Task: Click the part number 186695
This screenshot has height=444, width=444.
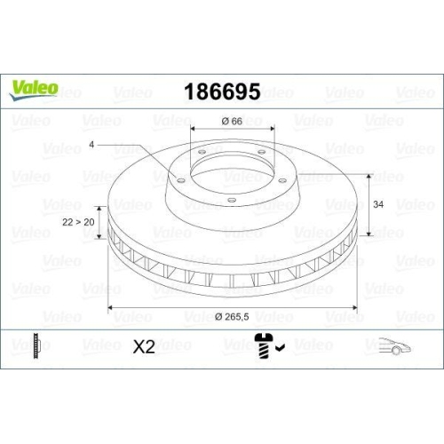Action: tap(221, 91)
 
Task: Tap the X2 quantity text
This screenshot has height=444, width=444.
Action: tap(144, 347)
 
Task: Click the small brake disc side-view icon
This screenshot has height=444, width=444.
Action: tap(36, 346)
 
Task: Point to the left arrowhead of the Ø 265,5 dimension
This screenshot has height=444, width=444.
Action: tap(110, 308)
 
